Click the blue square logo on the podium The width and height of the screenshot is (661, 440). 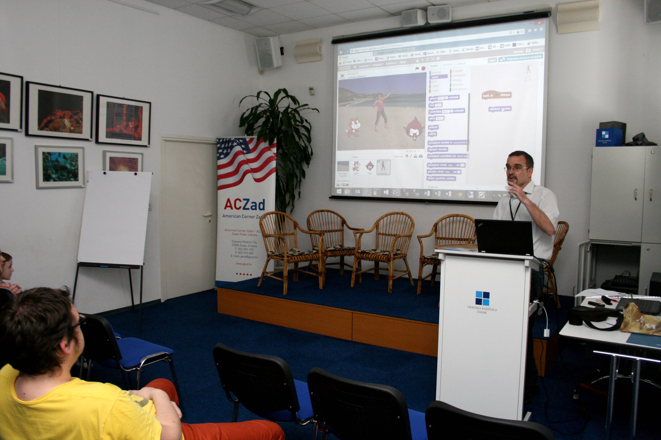pyautogui.click(x=482, y=298)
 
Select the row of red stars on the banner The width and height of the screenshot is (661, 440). pyautogui.click(x=244, y=274)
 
